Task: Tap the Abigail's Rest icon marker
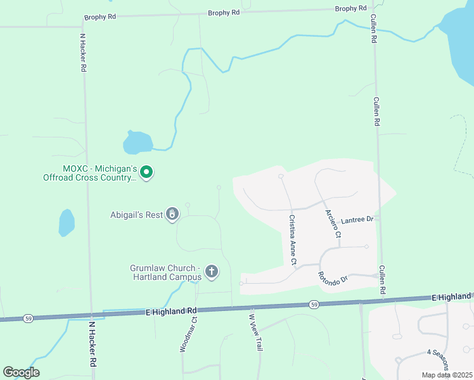click(x=172, y=214)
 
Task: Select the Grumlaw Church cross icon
click(x=212, y=272)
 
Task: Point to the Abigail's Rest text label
click(x=136, y=214)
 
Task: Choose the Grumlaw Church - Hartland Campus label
click(x=165, y=272)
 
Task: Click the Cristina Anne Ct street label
click(x=293, y=239)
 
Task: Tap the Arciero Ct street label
click(x=333, y=224)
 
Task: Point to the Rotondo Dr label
click(x=333, y=276)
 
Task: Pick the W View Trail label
click(x=255, y=332)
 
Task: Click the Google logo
click(x=21, y=372)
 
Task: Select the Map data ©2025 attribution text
click(x=446, y=375)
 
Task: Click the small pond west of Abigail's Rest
click(x=67, y=222)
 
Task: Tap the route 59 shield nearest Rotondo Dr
click(x=314, y=305)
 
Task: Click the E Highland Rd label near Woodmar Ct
click(x=171, y=311)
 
